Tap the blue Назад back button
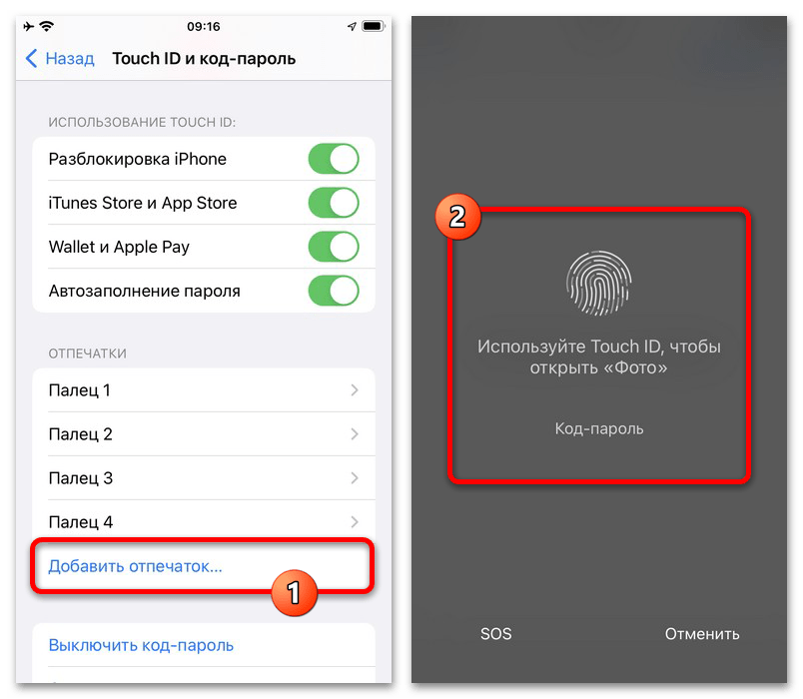tap(59, 58)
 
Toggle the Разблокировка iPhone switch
tap(334, 159)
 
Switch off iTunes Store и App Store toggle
tap(334, 203)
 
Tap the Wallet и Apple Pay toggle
tap(334, 247)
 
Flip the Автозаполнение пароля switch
tap(334, 291)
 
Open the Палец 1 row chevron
tap(355, 390)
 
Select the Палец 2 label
tap(81, 434)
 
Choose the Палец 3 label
tap(81, 478)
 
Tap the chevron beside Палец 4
tap(355, 522)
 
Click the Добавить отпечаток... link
tap(135, 566)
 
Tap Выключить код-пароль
tap(141, 645)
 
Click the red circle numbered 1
tap(294, 592)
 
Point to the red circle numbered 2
tap(457, 217)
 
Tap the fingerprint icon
tap(598, 283)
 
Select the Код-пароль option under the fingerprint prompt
tap(599, 428)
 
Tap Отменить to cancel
tap(702, 634)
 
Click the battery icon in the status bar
tap(374, 26)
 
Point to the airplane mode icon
tap(29, 26)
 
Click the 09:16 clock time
tap(204, 27)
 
